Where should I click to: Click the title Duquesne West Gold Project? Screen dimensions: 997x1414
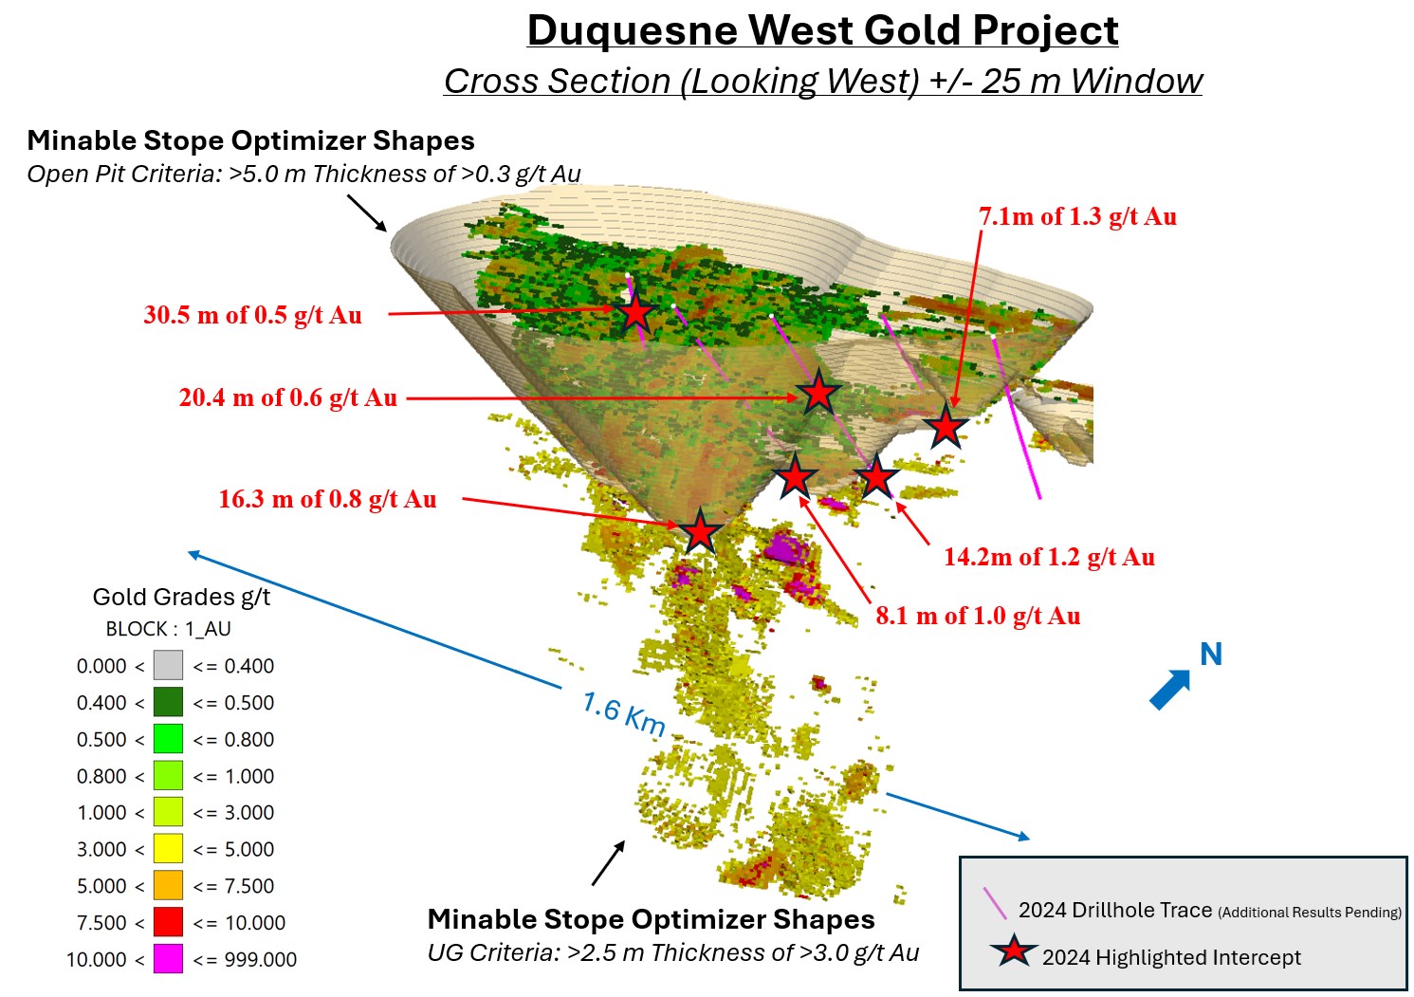[822, 30]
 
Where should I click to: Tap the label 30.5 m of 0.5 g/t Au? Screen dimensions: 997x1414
[252, 315]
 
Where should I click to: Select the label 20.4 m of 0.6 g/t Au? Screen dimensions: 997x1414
[287, 397]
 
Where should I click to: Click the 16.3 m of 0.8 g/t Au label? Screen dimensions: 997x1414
[327, 499]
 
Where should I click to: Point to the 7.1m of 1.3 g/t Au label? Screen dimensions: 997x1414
[1077, 216]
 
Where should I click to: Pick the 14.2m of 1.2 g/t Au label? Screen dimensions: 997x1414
[1049, 557]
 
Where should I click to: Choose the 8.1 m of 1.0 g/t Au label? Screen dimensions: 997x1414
[978, 616]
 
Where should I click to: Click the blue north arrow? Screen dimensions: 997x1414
[1170, 689]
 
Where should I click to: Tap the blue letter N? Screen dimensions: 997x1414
[1211, 654]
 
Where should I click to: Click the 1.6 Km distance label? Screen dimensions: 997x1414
[623, 714]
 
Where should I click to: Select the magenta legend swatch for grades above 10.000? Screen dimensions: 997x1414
[168, 959]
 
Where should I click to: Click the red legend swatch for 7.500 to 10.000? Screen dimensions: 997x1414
[168, 922]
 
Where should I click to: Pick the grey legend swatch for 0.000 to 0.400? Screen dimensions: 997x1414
[168, 666]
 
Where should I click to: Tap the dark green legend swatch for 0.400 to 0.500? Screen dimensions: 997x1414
[168, 703]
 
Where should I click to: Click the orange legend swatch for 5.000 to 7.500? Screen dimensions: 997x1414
[168, 886]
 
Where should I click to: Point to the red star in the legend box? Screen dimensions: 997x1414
[1014, 951]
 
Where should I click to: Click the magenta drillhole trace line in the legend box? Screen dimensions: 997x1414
[995, 903]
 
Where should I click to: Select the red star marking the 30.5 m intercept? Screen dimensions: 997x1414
[635, 311]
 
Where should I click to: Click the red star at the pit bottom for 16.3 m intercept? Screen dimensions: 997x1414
[700, 531]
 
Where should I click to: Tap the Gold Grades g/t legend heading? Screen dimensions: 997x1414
[181, 597]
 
